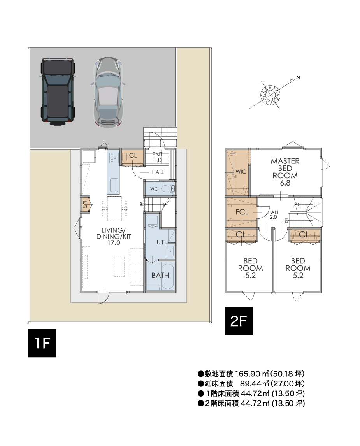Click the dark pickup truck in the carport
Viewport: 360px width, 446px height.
[58, 92]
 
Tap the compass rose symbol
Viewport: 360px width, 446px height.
[270, 95]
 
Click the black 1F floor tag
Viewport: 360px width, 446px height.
[42, 343]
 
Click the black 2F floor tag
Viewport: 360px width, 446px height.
[239, 321]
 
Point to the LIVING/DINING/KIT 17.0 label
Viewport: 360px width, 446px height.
[114, 236]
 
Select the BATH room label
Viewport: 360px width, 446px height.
[160, 275]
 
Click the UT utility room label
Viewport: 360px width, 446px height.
[160, 242]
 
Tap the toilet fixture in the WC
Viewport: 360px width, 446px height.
[168, 189]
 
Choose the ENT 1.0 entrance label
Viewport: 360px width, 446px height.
[157, 157]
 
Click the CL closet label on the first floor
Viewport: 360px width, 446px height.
[133, 155]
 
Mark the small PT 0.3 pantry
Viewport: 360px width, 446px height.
[85, 205]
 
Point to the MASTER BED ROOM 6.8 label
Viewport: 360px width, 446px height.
[285, 172]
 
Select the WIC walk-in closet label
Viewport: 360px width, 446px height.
[241, 172]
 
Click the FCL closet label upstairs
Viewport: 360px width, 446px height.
[242, 212]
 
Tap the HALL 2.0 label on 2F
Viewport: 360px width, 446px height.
[273, 214]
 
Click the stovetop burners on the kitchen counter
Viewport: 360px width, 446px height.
[114, 158]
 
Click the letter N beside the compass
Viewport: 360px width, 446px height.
[298, 77]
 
